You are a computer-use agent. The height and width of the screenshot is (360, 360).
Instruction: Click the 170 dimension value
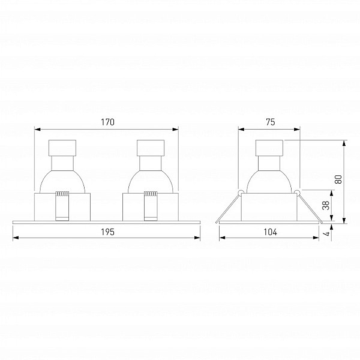107,122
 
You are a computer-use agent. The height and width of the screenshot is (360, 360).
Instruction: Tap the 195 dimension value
107,232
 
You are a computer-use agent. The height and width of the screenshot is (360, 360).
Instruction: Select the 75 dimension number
271,122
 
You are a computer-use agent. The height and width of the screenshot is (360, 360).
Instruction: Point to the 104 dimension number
271,232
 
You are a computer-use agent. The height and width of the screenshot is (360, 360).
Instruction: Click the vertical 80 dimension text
338,179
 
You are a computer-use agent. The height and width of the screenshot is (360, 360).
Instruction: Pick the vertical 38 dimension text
326,205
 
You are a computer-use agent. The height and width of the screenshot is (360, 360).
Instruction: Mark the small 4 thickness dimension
328,233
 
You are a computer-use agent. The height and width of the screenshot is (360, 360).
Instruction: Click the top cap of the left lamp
62,148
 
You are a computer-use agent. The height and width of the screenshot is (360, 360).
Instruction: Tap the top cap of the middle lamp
151,148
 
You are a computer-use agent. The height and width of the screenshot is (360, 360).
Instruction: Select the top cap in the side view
269,148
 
